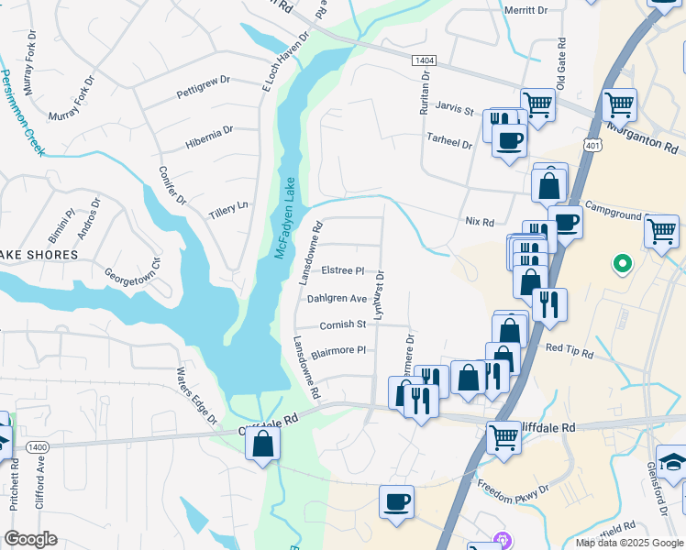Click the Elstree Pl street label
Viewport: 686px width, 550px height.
point(343,271)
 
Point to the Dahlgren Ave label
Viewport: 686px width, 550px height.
point(337,298)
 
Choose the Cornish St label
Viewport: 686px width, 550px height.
point(343,324)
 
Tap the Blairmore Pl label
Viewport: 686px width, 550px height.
point(338,350)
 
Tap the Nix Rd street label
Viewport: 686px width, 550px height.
point(480,222)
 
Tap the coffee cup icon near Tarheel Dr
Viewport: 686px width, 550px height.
point(509,141)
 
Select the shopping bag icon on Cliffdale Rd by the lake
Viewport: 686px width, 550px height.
point(262,445)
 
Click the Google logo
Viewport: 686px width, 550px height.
point(30,539)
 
